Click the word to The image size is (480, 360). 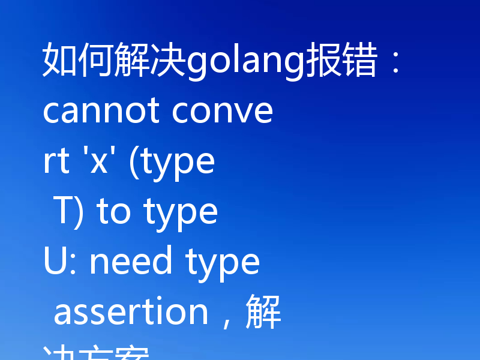[x=113, y=212]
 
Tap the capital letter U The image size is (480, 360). [x=54, y=262]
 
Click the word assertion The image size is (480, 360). [x=131, y=312]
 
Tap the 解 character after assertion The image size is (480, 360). [x=264, y=312]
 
